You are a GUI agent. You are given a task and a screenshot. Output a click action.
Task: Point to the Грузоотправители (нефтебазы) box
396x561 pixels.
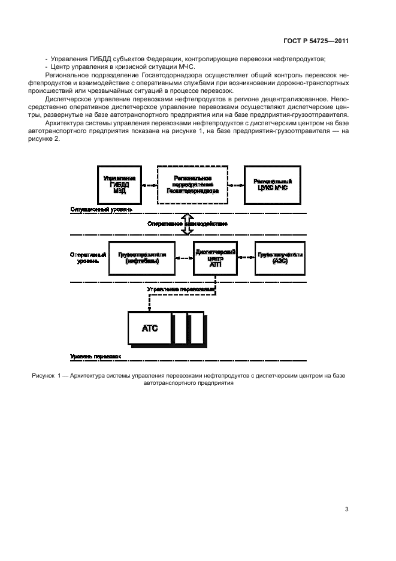[141, 258]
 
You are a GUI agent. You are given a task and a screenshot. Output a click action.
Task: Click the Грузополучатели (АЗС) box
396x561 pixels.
[280, 258]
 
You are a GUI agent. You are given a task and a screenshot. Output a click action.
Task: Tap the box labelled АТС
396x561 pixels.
[149, 328]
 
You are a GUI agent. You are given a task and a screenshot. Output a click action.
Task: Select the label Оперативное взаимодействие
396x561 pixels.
[187, 224]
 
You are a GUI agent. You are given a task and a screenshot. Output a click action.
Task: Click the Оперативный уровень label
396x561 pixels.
[89, 258]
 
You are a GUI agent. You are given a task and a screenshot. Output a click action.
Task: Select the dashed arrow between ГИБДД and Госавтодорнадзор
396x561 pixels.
[150, 185]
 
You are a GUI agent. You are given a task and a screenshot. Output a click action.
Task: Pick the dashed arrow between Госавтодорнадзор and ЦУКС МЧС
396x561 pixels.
[237, 185]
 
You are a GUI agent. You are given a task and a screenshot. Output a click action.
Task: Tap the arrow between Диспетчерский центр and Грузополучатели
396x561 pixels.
[246, 258]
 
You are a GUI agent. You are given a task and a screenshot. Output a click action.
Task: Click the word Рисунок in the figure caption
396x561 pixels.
[43, 375]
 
